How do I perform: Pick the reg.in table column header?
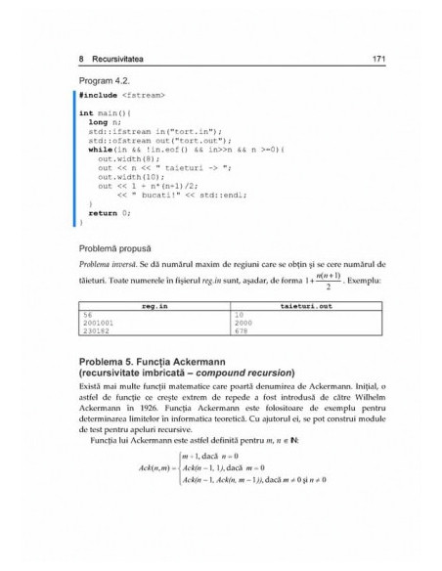pos(156,307)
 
